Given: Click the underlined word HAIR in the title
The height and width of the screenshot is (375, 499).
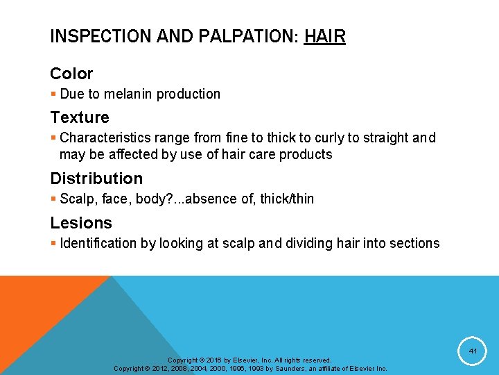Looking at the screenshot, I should coord(324,37).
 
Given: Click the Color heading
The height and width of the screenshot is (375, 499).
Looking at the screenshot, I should coord(71,73).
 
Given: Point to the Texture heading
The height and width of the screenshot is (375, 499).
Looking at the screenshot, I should coord(80,117).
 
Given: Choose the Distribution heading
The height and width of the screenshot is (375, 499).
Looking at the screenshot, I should coord(96,178).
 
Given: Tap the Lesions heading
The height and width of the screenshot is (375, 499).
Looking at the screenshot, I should coord(81,223).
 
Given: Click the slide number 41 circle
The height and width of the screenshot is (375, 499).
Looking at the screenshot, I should coord(472,351).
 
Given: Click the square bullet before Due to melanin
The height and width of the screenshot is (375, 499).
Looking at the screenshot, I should coord(53,94).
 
